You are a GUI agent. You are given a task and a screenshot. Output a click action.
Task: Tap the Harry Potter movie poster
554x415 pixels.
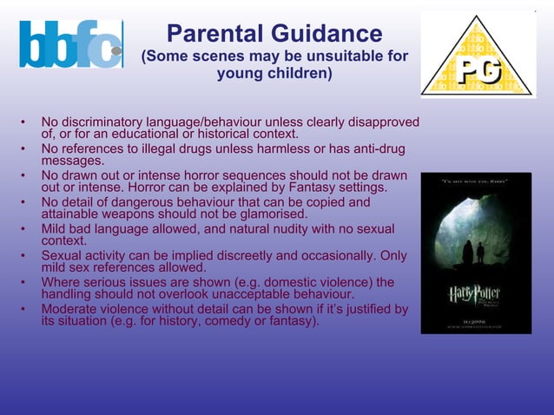476,253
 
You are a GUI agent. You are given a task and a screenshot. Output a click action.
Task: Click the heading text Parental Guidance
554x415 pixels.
274,34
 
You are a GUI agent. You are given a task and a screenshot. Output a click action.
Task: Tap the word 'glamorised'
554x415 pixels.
270,214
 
